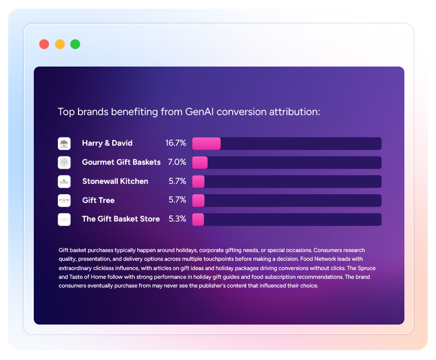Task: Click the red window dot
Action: [x=44, y=44]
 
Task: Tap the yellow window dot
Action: [x=60, y=44]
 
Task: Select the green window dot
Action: [x=75, y=44]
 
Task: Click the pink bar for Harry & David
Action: [x=207, y=143]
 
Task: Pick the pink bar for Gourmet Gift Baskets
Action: [x=200, y=163]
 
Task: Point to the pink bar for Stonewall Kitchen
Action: [x=198, y=181]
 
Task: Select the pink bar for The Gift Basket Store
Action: [x=198, y=219]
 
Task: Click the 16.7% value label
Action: [x=175, y=143]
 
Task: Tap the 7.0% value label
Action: [x=177, y=163]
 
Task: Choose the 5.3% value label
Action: [x=177, y=219]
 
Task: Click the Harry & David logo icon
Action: [x=64, y=143]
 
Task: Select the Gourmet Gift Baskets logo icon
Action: [x=64, y=163]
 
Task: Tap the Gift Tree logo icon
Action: [x=64, y=200]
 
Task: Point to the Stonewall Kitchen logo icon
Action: [x=64, y=181]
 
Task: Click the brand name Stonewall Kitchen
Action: [x=115, y=181]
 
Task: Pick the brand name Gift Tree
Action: [x=98, y=200]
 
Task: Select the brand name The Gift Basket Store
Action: [x=121, y=219]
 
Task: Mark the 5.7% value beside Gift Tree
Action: [x=177, y=200]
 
